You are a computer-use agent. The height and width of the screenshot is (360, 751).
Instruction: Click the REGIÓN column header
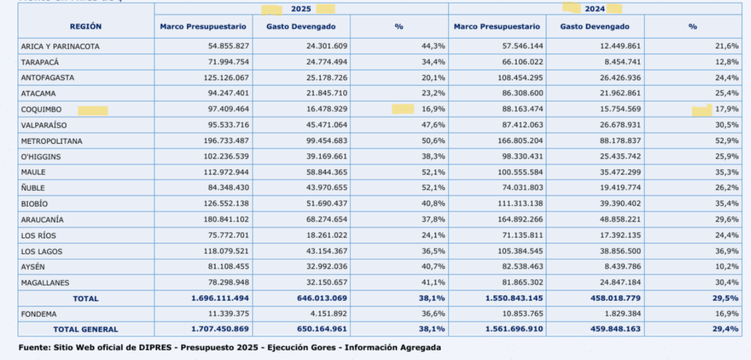click(x=86, y=27)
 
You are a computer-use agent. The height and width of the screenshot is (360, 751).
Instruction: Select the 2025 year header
click(x=301, y=9)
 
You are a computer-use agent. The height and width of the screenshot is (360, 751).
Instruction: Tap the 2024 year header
click(x=595, y=9)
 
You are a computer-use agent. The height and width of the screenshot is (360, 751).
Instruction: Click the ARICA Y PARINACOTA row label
click(x=60, y=46)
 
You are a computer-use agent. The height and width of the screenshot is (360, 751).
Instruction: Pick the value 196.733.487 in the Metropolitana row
click(x=220, y=142)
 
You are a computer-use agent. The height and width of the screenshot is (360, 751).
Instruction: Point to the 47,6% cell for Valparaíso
click(x=433, y=125)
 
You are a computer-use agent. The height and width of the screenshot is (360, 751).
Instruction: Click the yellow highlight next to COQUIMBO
click(x=93, y=111)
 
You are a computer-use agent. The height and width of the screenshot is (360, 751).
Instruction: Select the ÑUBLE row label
click(x=33, y=188)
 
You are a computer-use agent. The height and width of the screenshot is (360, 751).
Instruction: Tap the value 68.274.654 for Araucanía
click(x=323, y=220)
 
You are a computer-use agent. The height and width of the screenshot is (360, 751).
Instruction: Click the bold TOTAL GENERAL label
click(x=86, y=329)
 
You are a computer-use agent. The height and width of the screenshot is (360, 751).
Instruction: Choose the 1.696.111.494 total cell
click(x=220, y=298)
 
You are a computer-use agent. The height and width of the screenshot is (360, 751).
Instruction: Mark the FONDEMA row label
click(x=39, y=314)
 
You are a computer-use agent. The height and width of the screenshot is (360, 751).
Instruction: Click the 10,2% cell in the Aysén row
click(x=727, y=267)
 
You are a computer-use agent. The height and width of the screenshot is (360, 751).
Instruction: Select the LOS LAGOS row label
click(x=42, y=251)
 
